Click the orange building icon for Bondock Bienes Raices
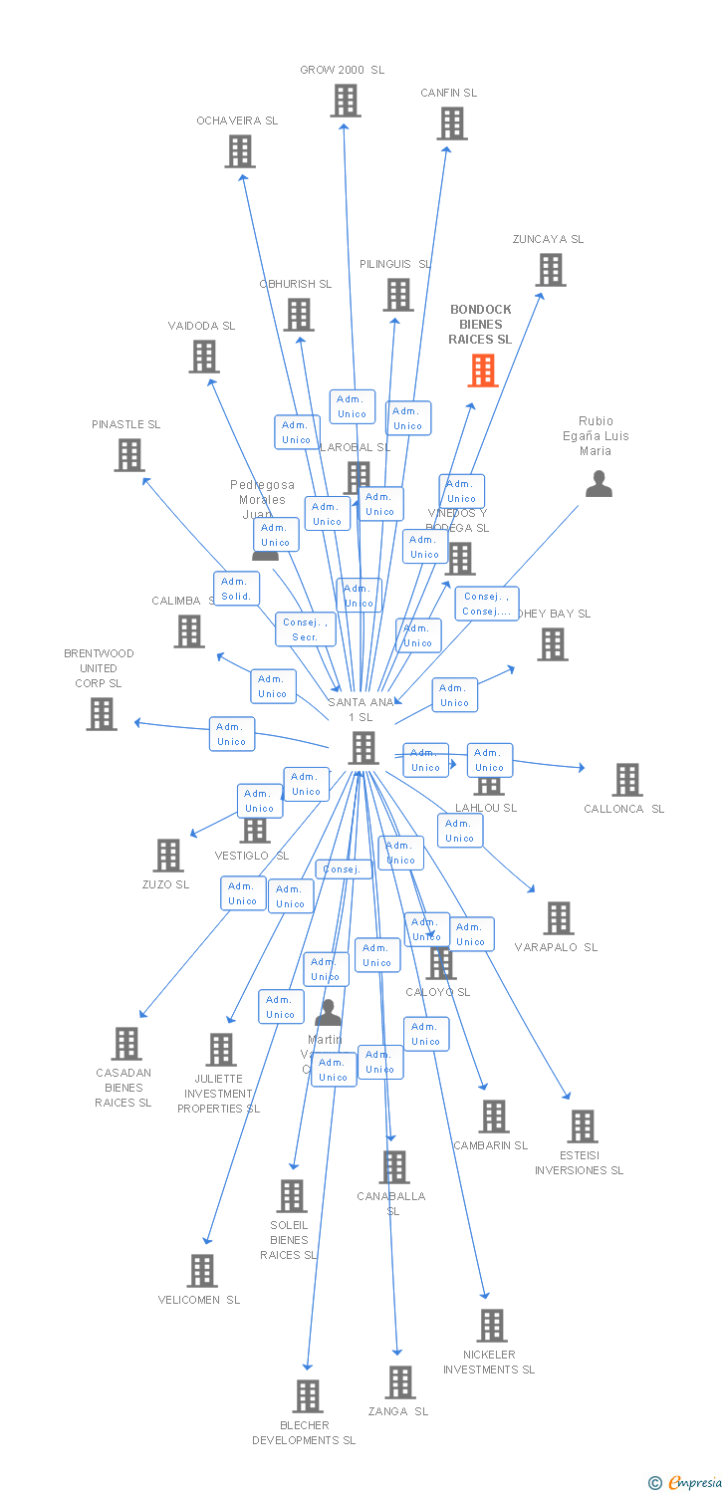pos(482,371)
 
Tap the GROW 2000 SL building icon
pos(345,101)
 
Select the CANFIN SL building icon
pos(451,124)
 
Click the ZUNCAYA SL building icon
pos(550,270)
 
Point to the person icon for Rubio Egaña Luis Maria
pos(598,484)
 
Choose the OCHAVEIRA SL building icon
pos(239,151)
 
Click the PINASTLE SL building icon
pos(128,455)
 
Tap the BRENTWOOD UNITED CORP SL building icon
pos(101,714)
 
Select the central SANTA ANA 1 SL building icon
pos(362,748)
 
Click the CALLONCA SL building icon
pos(626,780)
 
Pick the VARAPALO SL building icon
pos(559,918)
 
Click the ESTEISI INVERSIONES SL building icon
pos(582,1126)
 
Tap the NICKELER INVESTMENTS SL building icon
pos(491,1326)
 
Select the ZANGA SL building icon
pos(399,1382)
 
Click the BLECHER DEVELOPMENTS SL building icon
pos(308,1396)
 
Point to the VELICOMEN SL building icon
pos(202,1271)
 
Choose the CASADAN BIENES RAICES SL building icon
pos(125,1044)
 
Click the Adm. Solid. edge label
pos(236,589)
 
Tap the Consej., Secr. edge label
pos(305,629)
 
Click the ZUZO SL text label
pos(165,884)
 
